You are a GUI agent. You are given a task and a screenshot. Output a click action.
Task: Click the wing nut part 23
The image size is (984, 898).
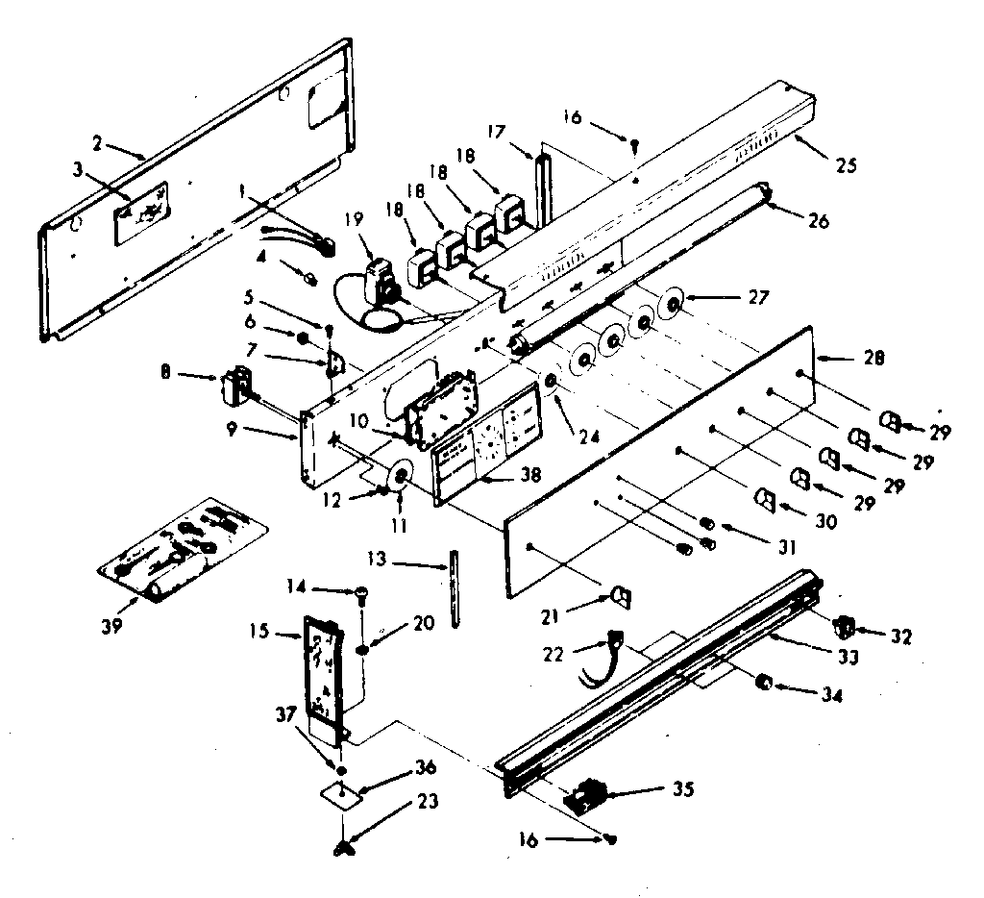point(344,847)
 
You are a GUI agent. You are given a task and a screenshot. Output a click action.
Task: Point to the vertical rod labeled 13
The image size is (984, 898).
point(451,587)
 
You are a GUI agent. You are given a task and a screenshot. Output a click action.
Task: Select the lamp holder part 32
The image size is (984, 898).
point(845,626)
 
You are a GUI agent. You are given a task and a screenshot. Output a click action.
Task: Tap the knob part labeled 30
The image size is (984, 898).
point(766,499)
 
